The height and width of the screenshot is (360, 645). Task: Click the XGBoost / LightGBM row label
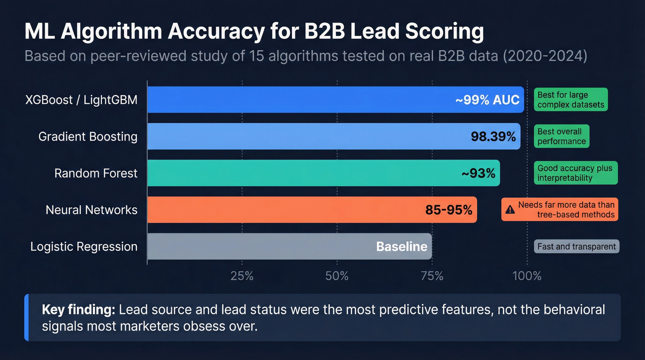(82, 100)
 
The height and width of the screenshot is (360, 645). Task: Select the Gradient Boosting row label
(88, 136)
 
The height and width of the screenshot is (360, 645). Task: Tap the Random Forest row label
(96, 173)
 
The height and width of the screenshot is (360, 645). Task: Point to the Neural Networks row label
(92, 210)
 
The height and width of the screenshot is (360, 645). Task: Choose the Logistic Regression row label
(84, 247)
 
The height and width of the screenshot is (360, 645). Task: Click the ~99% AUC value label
(487, 100)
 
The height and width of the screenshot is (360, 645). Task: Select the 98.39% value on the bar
(493, 136)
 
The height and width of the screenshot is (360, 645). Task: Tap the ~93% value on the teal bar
(478, 173)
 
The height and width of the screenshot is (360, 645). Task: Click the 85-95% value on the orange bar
(449, 210)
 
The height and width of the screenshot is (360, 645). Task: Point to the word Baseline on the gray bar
(402, 247)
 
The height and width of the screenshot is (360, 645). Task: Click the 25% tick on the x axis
(242, 276)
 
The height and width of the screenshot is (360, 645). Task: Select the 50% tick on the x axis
(337, 276)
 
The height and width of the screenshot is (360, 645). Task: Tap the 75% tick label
(432, 276)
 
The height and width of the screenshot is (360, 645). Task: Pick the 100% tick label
(527, 276)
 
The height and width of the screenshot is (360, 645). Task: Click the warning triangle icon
(510, 210)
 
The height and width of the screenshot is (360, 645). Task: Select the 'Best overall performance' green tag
(562, 136)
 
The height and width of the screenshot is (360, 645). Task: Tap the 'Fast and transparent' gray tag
(576, 247)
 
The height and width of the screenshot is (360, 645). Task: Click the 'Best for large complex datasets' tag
(571, 100)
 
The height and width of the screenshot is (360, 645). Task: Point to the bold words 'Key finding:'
(78, 309)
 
